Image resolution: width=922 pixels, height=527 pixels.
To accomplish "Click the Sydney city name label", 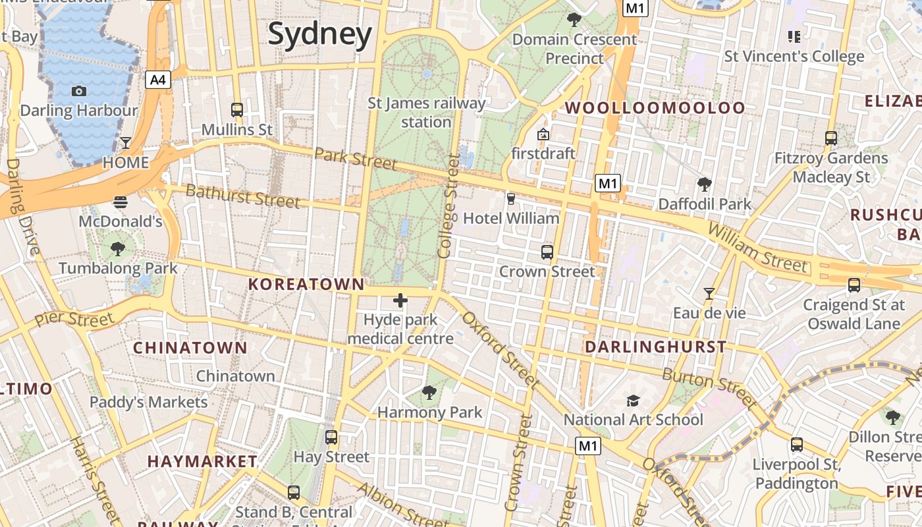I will [x=320, y=34].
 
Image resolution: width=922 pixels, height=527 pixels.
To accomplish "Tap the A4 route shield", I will [x=158, y=80].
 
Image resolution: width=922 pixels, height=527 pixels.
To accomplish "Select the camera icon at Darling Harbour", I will [x=79, y=91].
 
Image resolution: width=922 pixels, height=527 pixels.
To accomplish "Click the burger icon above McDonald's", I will [x=120, y=202].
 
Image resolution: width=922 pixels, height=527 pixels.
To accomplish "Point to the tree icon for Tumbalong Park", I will [x=118, y=249].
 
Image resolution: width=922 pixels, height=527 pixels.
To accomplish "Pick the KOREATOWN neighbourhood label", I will [x=306, y=284].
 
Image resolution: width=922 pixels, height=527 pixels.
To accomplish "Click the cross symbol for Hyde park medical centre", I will [x=400, y=301].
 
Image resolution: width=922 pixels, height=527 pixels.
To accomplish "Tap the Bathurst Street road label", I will [x=242, y=196].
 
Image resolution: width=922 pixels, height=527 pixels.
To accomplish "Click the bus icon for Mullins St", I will [x=237, y=110].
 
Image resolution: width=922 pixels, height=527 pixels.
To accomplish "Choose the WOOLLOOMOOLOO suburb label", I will [x=655, y=108].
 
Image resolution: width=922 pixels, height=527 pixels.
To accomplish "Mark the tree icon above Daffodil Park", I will [x=705, y=184].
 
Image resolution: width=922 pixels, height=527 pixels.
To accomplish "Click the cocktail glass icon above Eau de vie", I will [x=709, y=293].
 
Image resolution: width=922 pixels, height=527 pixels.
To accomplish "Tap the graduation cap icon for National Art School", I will [x=633, y=401].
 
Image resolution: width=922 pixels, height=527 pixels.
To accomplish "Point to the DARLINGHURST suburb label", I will [x=656, y=347].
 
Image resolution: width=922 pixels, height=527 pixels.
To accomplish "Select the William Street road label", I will [x=757, y=247].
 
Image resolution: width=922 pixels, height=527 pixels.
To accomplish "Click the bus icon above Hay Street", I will [x=331, y=437].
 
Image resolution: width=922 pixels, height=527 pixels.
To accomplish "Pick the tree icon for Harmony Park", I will [x=429, y=393].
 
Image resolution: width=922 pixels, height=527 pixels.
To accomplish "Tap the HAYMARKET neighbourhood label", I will [x=202, y=461].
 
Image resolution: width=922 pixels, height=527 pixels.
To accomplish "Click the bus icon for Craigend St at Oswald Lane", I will [x=854, y=285].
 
